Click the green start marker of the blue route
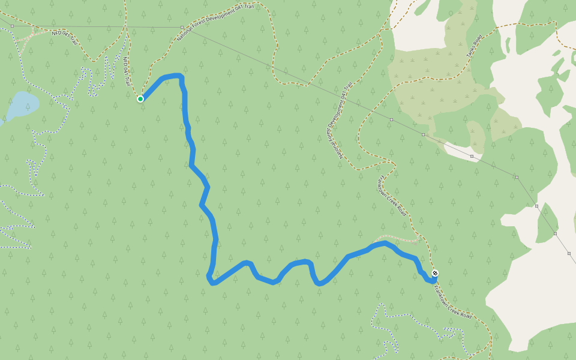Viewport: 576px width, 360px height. (x=140, y=98)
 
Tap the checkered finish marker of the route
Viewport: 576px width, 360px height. (x=435, y=274)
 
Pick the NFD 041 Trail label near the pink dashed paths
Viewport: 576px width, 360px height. (x=65, y=38)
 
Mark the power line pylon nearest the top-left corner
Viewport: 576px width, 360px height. (x=13, y=26)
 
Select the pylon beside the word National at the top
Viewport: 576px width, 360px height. (x=182, y=27)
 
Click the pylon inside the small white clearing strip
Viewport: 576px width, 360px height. (x=472, y=157)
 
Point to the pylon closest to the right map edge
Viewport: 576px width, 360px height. (x=569, y=253)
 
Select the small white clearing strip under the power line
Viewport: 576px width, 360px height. (x=462, y=152)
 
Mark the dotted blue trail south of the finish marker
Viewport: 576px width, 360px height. (x=384, y=324)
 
